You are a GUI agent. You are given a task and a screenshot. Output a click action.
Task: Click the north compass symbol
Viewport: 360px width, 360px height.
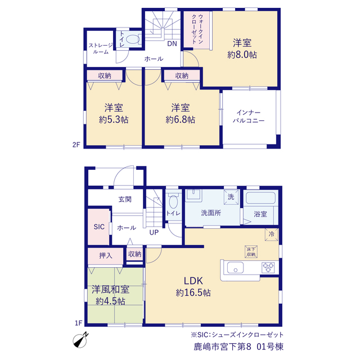(80, 340)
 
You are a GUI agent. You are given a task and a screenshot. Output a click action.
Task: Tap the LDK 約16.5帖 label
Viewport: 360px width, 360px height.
(193, 287)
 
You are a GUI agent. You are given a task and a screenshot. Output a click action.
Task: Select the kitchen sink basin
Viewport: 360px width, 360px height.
(235, 268)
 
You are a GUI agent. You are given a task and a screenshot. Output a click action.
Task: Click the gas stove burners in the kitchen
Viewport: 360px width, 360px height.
(268, 268)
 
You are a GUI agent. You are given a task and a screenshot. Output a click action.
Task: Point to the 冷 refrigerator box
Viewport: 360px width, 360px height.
(272, 235)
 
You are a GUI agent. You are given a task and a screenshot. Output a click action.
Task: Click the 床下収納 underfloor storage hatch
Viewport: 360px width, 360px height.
(251, 251)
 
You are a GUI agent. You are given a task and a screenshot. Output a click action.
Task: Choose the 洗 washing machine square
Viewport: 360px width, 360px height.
(231, 197)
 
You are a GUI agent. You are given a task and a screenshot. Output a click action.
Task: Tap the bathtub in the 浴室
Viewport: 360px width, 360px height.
(260, 198)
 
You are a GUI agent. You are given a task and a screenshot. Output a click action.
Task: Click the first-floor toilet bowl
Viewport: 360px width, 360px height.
(173, 201)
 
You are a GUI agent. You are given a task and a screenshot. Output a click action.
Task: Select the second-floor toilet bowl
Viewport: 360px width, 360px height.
(133, 39)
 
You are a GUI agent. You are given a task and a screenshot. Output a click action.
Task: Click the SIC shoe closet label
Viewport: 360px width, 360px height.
(99, 227)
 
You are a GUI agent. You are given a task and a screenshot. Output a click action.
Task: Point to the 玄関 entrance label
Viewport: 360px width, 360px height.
(125, 199)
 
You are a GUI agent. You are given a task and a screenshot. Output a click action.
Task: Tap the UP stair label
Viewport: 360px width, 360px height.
(154, 232)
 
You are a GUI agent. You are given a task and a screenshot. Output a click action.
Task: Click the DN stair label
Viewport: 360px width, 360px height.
(172, 44)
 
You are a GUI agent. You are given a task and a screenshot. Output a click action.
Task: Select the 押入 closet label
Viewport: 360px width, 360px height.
(106, 255)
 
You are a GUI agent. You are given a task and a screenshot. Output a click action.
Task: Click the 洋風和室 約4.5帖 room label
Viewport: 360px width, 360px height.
(110, 295)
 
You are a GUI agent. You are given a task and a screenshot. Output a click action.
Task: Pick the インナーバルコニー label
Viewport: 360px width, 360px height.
(249, 116)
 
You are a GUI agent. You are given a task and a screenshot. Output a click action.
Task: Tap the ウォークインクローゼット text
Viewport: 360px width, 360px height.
(197, 29)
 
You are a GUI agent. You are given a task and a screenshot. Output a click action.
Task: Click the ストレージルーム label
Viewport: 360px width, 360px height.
(101, 49)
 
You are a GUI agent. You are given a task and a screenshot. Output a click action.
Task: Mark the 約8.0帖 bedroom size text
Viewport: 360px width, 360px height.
(242, 55)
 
